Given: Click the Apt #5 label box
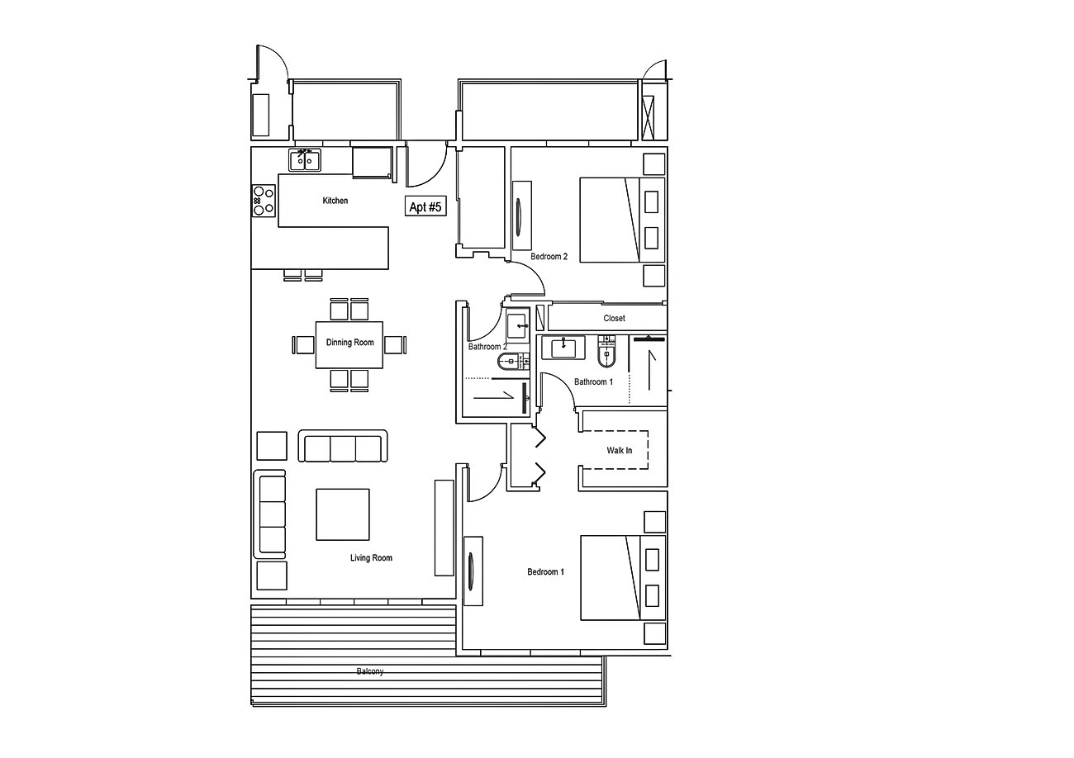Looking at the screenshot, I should click(425, 207).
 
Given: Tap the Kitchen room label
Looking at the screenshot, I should click(335, 201).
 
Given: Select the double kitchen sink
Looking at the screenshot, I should click(305, 159).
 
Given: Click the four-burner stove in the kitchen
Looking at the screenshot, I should click(264, 200).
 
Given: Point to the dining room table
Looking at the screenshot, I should click(349, 344).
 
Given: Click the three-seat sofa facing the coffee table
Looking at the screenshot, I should click(343, 447).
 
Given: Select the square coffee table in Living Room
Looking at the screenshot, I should click(343, 514).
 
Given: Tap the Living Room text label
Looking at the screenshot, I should click(371, 558).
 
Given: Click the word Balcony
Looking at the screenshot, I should click(369, 671).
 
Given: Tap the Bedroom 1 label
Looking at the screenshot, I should click(545, 571).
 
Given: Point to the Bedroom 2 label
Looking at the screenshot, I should click(549, 257).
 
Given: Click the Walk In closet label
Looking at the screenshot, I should click(619, 451).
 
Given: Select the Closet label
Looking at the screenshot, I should click(614, 318).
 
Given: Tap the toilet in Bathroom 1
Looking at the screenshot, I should click(607, 352).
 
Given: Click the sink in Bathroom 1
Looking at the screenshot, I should click(563, 348).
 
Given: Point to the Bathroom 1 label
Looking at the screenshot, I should click(593, 381).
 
